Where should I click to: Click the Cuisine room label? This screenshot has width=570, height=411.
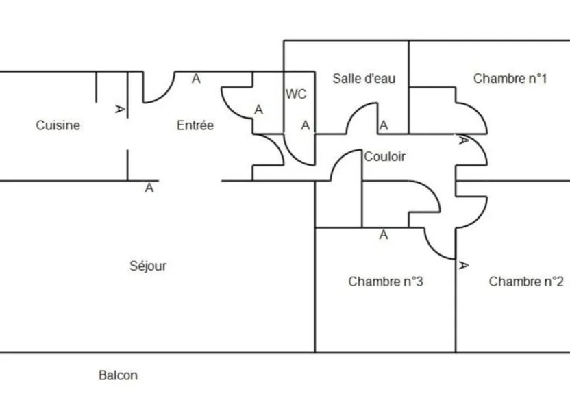tap(58, 125)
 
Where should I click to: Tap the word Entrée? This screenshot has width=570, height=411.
tap(195, 125)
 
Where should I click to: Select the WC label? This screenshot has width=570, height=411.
tap(296, 94)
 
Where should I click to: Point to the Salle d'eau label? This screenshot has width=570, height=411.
tap(364, 79)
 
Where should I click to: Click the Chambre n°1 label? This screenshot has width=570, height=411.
tap(510, 79)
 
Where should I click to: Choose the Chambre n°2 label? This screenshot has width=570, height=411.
tap(526, 282)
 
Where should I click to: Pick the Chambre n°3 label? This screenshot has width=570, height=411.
tap(386, 282)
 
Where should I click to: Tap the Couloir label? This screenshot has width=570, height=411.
tap(384, 157)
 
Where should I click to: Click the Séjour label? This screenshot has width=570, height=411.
tap(148, 266)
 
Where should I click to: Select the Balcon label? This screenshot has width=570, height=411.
tap(118, 375)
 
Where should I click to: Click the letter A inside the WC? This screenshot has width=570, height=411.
tap(306, 125)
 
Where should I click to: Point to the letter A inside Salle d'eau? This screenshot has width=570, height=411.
tap(384, 125)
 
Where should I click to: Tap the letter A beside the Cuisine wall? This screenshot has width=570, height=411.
tap(120, 109)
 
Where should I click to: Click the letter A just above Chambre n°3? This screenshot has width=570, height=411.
tap(384, 235)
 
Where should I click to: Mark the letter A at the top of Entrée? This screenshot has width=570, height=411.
tap(196, 79)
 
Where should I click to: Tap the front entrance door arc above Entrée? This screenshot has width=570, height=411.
tap(166, 94)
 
